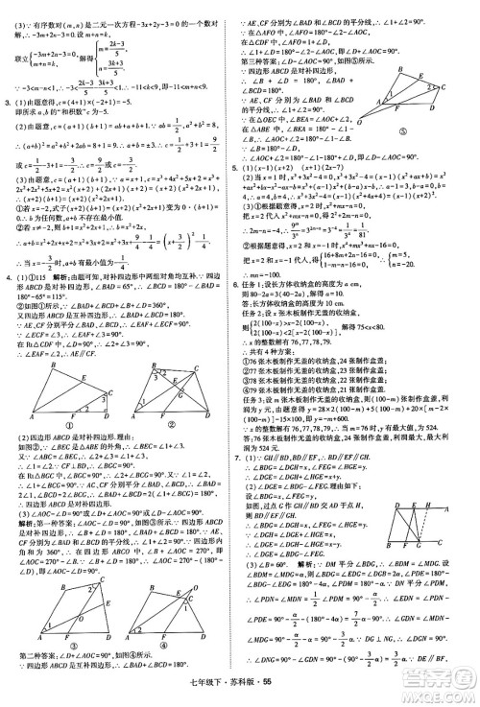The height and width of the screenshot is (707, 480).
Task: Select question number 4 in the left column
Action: pos(10,304)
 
